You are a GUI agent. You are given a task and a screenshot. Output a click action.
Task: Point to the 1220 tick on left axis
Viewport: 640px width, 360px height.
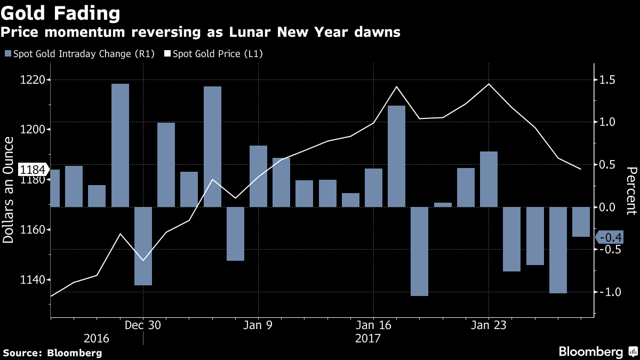pos(33,80)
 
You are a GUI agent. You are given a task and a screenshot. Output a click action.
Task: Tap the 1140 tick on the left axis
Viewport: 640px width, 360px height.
pos(33,279)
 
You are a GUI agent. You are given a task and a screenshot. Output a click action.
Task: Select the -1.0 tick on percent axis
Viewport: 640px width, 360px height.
pos(608,292)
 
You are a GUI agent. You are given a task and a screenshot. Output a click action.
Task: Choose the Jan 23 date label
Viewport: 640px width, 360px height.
pos(489,325)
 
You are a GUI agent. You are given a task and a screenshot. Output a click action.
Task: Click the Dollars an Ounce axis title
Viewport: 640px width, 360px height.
pos(9,190)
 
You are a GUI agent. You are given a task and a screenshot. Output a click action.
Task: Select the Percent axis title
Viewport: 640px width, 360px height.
pos(631,190)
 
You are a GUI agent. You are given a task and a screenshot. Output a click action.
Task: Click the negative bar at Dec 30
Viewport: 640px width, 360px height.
pos(143,246)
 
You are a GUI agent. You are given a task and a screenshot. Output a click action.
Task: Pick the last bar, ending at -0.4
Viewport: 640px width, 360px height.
pos(581,222)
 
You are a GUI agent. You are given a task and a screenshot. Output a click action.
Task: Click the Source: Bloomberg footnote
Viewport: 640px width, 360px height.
pos(52,353)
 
